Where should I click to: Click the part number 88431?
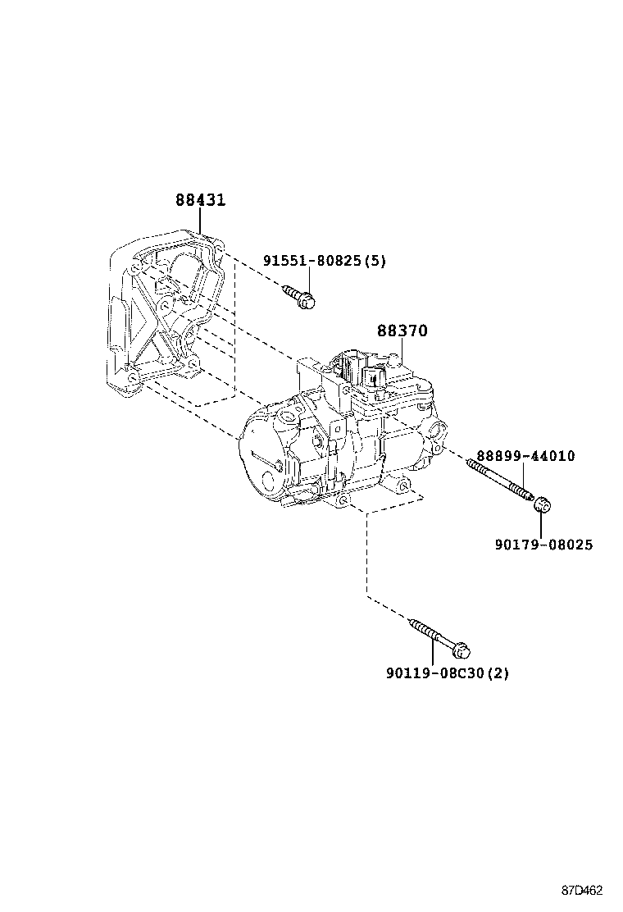tap(200, 199)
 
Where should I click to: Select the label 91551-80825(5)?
tap(324, 261)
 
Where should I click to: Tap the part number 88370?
tap(402, 331)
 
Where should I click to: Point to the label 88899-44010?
tap(525, 456)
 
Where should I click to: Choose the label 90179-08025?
tap(544, 545)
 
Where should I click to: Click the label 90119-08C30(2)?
tap(447, 673)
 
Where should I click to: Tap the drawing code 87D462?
tap(582, 891)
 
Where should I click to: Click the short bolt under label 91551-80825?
tap(300, 298)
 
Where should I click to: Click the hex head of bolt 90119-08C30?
tap(461, 650)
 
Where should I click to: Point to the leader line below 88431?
tap(200, 221)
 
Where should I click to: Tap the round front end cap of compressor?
tap(262, 459)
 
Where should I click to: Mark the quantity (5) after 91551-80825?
tap(375, 261)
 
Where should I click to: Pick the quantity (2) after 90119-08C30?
tap(498, 673)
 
